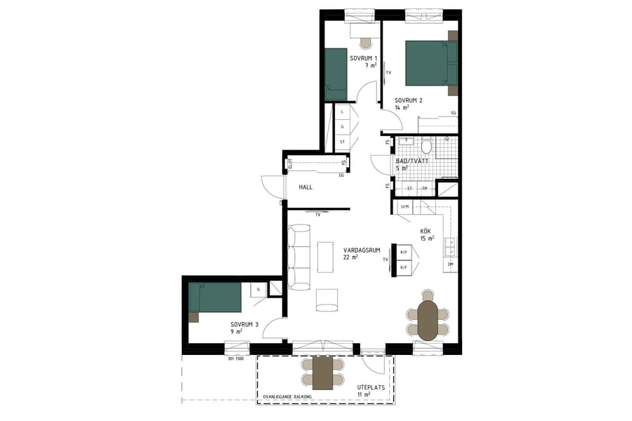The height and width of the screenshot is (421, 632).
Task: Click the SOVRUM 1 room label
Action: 364,58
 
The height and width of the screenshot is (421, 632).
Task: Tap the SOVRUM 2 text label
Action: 408,100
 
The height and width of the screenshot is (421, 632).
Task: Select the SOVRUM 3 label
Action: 244,324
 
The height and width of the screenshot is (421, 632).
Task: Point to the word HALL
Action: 305,187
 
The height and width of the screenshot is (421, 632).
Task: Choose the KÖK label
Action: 426,231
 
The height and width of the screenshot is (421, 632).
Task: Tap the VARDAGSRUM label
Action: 362,250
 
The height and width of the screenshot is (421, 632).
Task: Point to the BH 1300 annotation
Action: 237,359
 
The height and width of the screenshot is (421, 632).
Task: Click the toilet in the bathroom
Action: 426,147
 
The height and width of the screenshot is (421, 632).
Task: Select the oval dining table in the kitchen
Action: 428,321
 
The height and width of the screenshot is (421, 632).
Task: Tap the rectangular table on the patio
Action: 322,373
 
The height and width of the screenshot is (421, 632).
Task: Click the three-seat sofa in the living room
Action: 300,257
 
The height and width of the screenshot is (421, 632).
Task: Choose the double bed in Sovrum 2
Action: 430,63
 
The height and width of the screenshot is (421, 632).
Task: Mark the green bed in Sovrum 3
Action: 216,298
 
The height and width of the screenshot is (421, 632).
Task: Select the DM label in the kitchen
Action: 450,264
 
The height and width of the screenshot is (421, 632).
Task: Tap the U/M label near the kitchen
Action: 405,206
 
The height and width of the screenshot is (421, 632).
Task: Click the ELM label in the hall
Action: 289,164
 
